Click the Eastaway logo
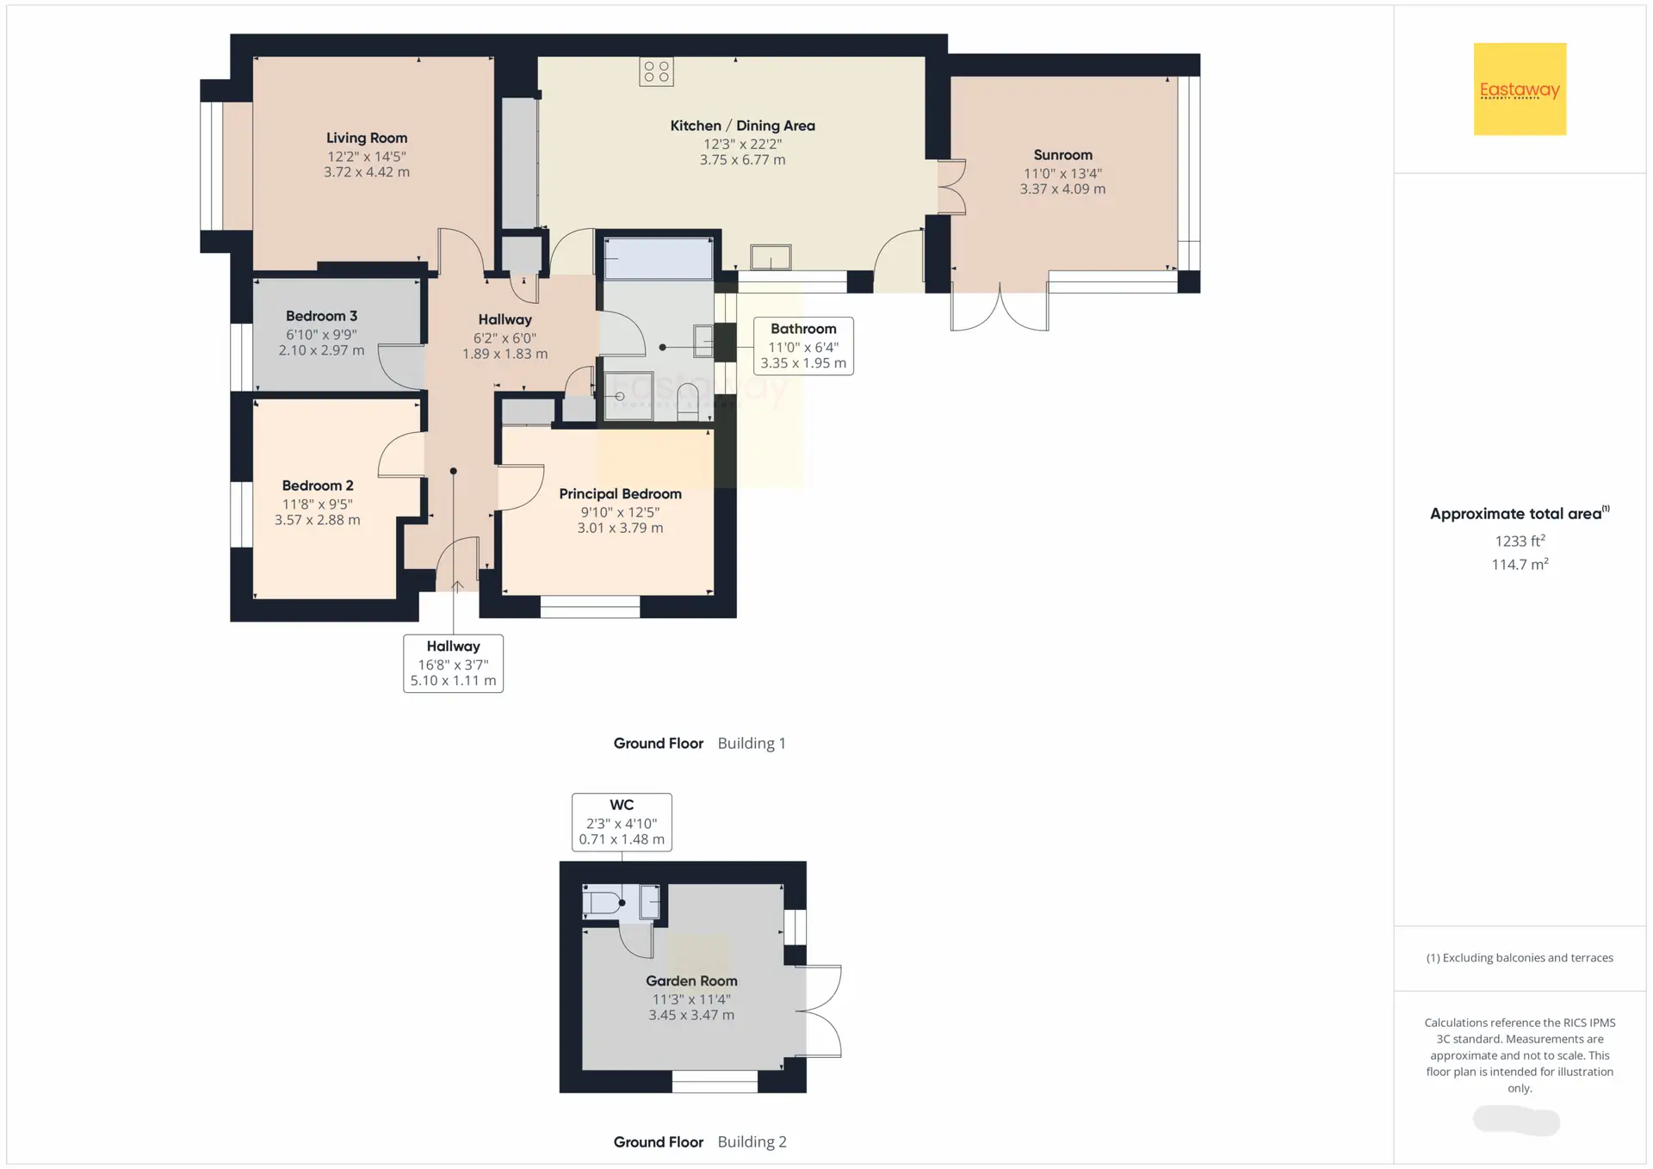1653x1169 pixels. pyautogui.click(x=1520, y=89)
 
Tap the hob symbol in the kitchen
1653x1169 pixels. pyautogui.click(x=656, y=71)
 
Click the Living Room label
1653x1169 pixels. pyautogui.click(x=367, y=138)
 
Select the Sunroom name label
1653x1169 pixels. pyautogui.click(x=1063, y=155)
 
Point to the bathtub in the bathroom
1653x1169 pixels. pyautogui.click(x=659, y=258)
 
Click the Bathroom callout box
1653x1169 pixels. pyautogui.click(x=803, y=345)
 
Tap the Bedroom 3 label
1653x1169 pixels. pyautogui.click(x=321, y=316)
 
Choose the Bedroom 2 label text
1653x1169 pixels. pyautogui.click(x=318, y=486)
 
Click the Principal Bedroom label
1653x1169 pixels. pyautogui.click(x=620, y=494)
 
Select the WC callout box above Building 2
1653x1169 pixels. pyautogui.click(x=622, y=822)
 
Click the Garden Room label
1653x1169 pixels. pyautogui.click(x=691, y=980)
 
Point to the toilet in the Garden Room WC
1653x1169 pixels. pyautogui.click(x=603, y=903)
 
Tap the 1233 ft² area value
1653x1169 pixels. pyautogui.click(x=1520, y=541)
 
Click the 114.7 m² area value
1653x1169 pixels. pyautogui.click(x=1520, y=564)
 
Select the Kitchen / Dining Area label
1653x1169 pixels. pyautogui.click(x=742, y=126)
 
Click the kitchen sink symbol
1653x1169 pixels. pyautogui.click(x=771, y=257)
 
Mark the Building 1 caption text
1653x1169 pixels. pyautogui.click(x=752, y=743)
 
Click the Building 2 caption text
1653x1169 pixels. pyautogui.click(x=752, y=1141)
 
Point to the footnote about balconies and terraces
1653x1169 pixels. pyautogui.click(x=1520, y=957)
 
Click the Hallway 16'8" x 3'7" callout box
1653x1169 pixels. pyautogui.click(x=453, y=663)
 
